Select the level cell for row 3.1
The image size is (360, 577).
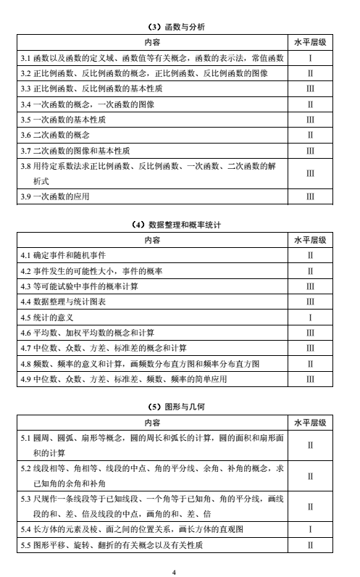pyautogui.click(x=309, y=57)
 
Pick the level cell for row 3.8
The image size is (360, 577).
pyautogui.click(x=309, y=174)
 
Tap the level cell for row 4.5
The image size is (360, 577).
pyautogui.click(x=309, y=317)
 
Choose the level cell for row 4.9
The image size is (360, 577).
pyautogui.click(x=309, y=378)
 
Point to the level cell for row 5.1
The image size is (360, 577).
pyautogui.click(x=309, y=445)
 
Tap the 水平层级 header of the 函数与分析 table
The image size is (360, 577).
pyautogui.click(x=309, y=42)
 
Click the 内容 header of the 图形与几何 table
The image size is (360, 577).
pyautogui.click(x=152, y=422)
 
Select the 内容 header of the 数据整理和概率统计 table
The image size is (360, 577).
pyautogui.click(x=152, y=241)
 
